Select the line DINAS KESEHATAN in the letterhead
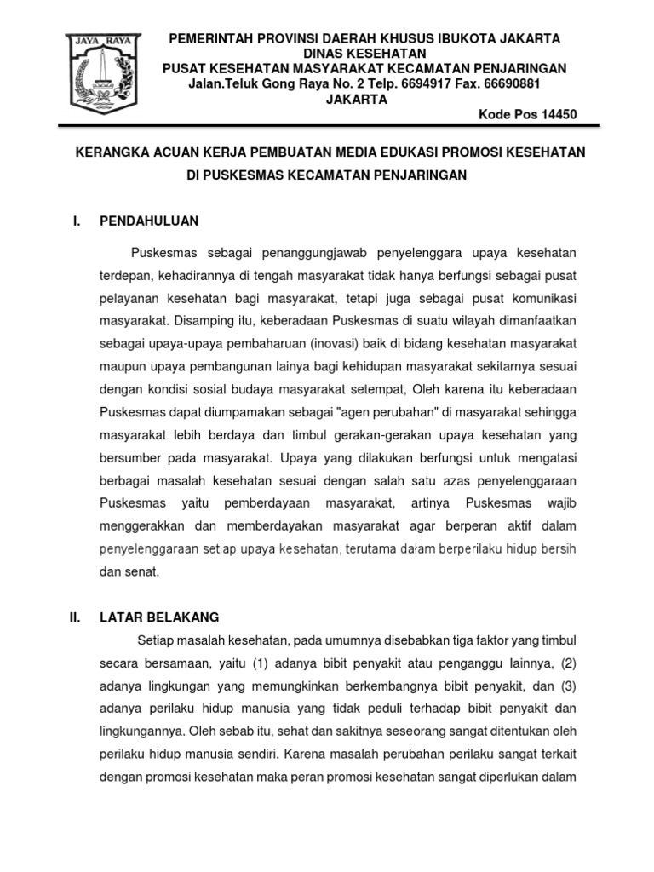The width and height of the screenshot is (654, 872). click(x=357, y=53)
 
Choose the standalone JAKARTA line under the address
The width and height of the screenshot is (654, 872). click(x=357, y=99)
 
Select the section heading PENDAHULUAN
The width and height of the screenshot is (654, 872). click(x=149, y=221)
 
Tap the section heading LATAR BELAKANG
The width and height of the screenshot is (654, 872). click(x=159, y=617)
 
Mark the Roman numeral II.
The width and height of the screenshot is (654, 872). click(x=75, y=617)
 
